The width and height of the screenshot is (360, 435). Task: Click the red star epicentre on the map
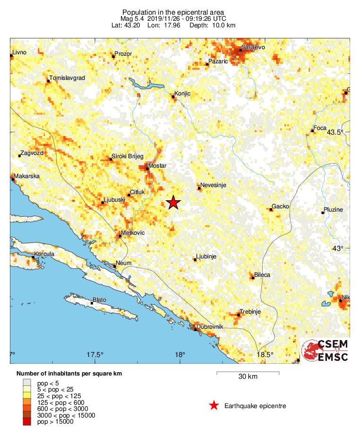pyautogui.click(x=173, y=202)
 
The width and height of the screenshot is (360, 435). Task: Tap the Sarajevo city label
pyautogui.click(x=253, y=47)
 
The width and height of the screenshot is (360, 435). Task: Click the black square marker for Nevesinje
pyautogui.click(x=199, y=188)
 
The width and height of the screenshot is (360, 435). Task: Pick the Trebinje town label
pyautogui.click(x=250, y=311)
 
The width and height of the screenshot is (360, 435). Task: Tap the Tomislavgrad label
pyautogui.click(x=67, y=78)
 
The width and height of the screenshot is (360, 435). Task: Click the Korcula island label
pyautogui.click(x=44, y=254)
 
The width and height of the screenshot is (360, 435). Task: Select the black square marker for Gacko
pyautogui.click(x=271, y=209)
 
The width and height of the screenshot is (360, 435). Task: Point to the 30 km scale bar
pyautogui.click(x=248, y=373)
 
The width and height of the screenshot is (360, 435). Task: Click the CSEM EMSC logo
pyautogui.click(x=326, y=350)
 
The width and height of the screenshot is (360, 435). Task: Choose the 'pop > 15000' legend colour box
pyautogui.click(x=28, y=422)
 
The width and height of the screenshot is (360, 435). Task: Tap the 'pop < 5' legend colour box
pyautogui.click(x=28, y=382)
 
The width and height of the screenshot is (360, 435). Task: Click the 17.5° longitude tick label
pyautogui.click(x=95, y=355)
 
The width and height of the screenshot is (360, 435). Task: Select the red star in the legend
pyautogui.click(x=214, y=406)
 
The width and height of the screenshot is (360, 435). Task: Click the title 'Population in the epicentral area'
pyautogui.click(x=173, y=12)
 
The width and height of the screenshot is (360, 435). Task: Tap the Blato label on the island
pyautogui.click(x=100, y=299)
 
